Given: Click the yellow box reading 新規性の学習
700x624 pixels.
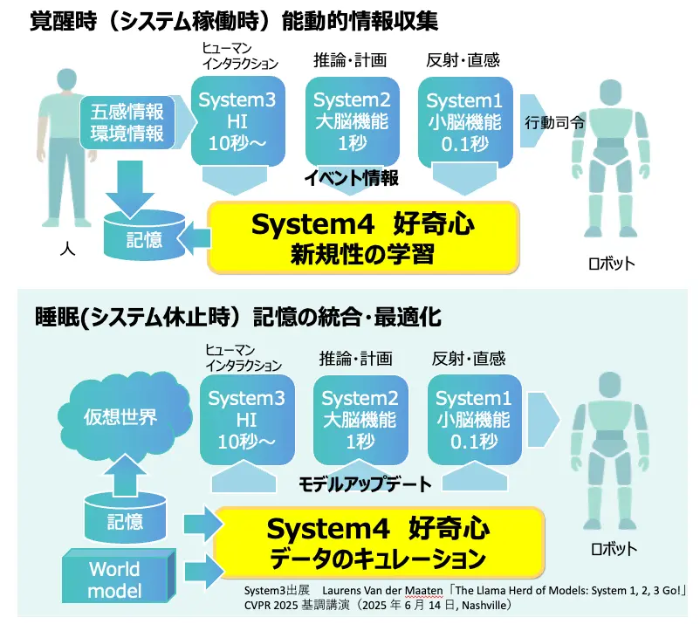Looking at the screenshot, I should click(x=362, y=238).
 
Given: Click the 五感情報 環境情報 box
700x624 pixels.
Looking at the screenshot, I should click(x=127, y=122).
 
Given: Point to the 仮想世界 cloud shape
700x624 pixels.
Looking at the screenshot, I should click(x=120, y=417).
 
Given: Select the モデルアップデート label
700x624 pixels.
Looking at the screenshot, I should click(x=365, y=483).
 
